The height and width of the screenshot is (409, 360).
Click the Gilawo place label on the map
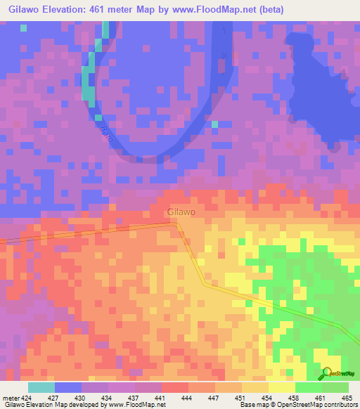(181, 212)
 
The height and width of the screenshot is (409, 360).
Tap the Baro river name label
(106, 131)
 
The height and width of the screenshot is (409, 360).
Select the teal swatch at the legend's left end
(41, 387)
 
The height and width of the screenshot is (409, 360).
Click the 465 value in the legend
(347, 397)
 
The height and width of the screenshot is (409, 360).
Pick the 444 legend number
(188, 397)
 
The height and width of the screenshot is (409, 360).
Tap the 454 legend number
(268, 397)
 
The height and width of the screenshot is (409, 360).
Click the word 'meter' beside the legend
(10, 397)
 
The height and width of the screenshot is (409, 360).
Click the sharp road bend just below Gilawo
(176, 224)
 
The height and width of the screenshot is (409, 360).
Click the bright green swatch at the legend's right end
(335, 387)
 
